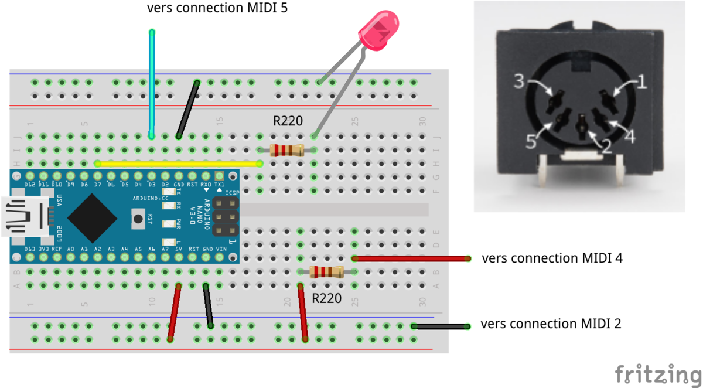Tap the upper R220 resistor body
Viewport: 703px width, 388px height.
286,150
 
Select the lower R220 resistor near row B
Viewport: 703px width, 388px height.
326,271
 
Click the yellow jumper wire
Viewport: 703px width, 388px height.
179,164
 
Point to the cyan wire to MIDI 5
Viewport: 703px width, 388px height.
152,82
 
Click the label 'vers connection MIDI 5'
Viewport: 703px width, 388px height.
217,9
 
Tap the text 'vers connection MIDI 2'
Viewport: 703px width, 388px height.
551,324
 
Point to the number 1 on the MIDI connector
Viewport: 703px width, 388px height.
641,82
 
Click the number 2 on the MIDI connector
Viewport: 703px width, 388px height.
606,145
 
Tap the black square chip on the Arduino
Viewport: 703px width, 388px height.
94,217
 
